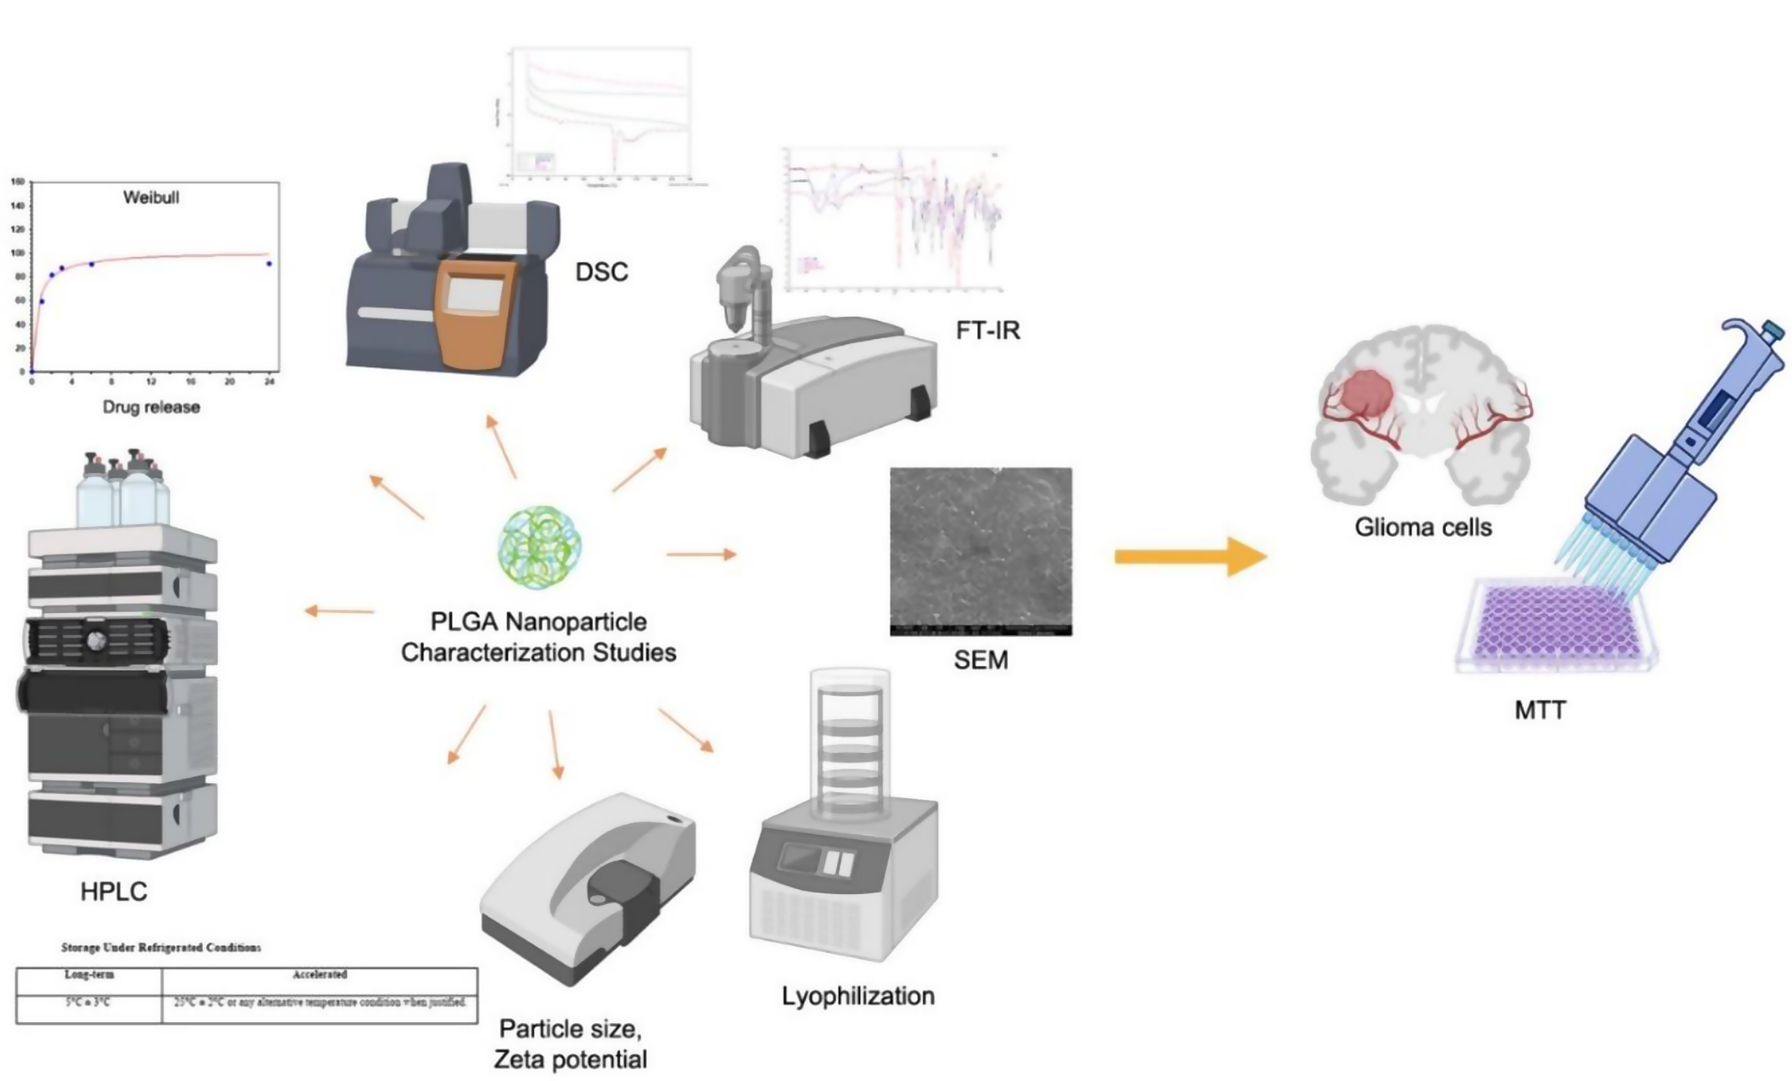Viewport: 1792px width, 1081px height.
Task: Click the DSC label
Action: click(602, 272)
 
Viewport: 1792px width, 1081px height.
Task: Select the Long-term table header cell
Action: click(89, 974)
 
